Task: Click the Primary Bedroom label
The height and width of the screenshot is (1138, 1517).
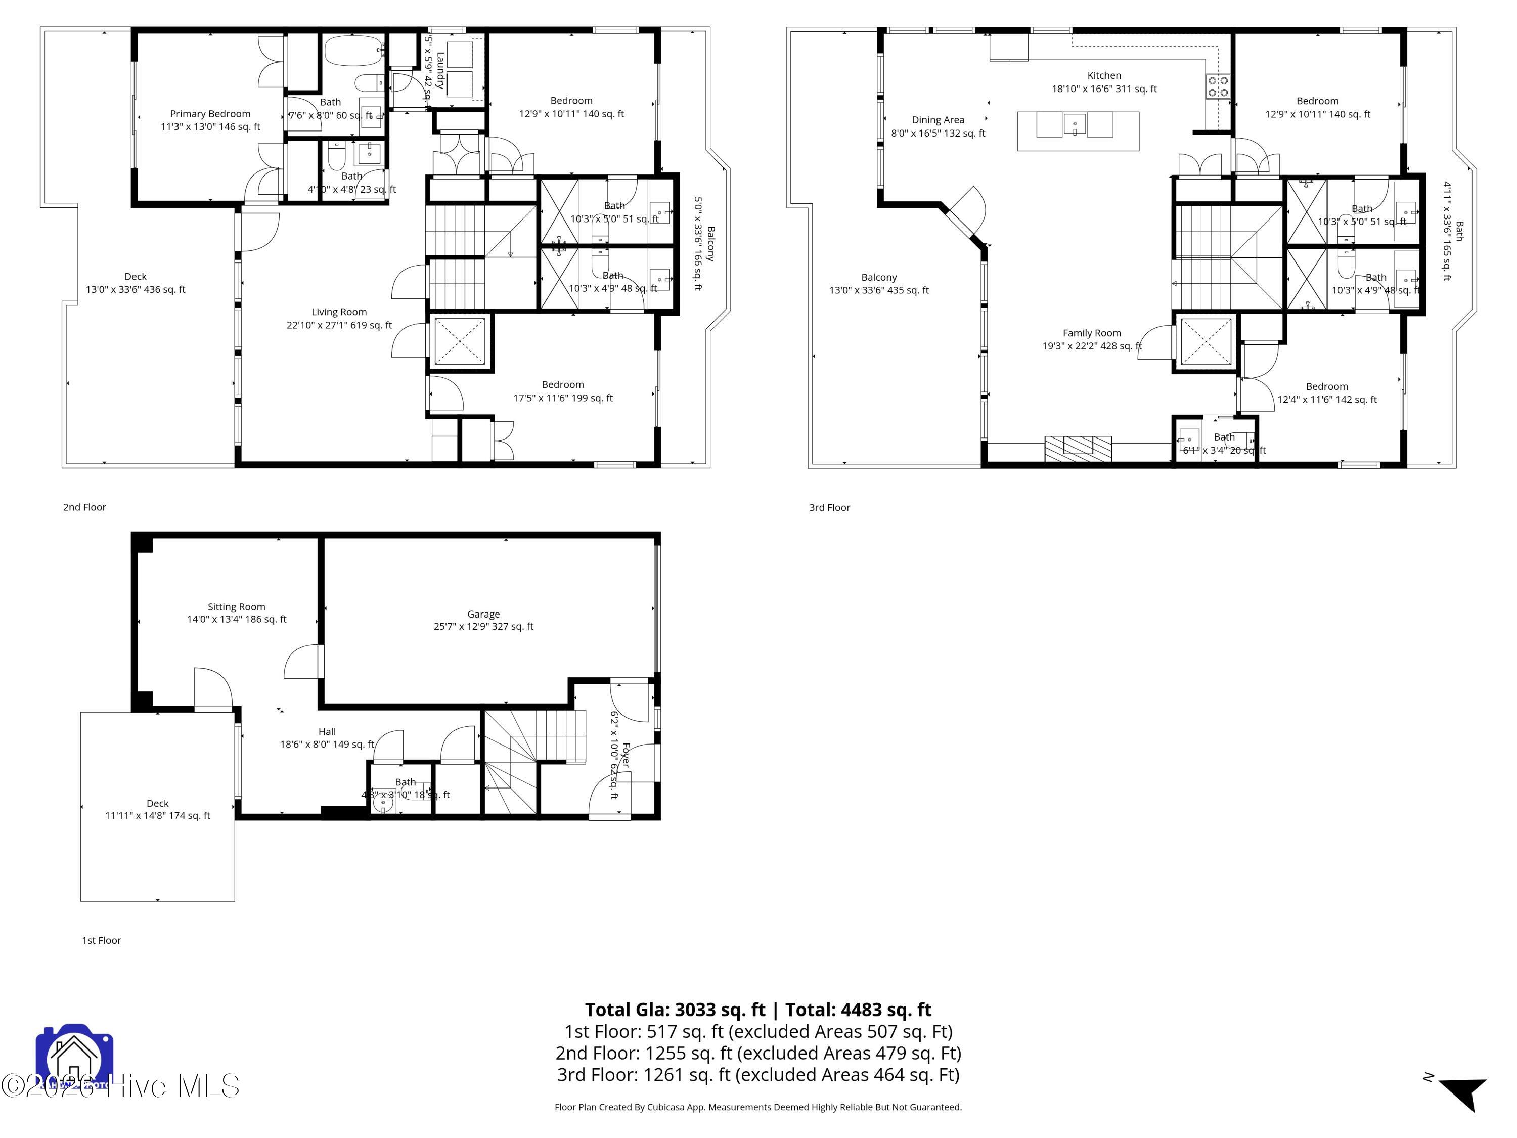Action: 210,114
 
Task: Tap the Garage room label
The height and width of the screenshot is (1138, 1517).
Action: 483,614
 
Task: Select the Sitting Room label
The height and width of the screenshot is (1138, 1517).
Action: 236,606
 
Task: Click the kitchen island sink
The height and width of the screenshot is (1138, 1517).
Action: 1074,125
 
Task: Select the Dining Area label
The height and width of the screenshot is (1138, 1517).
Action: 938,120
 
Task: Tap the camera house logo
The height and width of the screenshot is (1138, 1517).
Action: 73,1057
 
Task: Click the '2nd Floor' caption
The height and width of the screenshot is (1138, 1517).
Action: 84,507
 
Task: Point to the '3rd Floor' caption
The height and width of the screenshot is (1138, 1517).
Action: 829,508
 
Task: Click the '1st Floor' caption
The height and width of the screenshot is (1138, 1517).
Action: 102,940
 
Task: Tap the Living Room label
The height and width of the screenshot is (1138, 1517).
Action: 339,312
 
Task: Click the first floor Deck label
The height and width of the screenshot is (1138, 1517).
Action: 157,803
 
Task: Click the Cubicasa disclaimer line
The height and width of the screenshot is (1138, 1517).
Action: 758,1107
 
